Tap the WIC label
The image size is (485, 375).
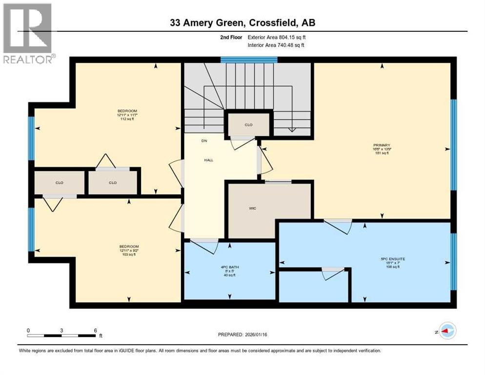point(252,208)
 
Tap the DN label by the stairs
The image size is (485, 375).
point(204,141)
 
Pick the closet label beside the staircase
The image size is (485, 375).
point(248,125)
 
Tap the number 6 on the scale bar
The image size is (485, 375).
point(95,330)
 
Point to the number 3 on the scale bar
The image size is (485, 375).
point(61,330)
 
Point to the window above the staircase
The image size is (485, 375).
point(249,60)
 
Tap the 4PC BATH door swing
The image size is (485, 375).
point(205,246)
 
